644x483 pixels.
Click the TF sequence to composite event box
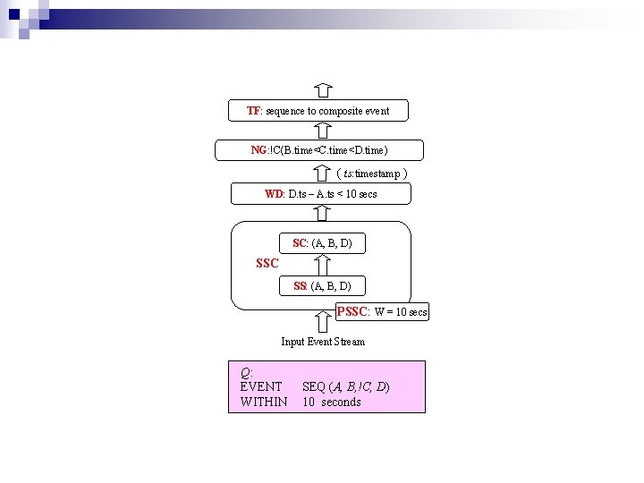(318, 111)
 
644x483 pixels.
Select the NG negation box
(319, 149)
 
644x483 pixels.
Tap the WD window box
(320, 194)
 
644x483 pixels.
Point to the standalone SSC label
(267, 264)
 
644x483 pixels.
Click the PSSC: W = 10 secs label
(382, 312)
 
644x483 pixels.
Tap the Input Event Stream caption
(323, 342)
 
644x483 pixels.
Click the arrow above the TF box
(324, 90)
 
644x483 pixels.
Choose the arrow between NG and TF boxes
(324, 131)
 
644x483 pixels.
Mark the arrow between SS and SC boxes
(323, 264)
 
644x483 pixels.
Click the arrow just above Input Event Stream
(323, 318)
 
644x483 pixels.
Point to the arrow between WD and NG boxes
(323, 173)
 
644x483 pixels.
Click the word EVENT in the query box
(261, 386)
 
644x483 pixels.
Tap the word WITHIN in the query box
(264, 402)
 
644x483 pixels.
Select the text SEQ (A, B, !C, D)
(345, 386)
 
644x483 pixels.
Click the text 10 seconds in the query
(332, 402)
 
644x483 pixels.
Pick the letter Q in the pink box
(246, 372)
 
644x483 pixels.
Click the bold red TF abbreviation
(253, 111)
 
